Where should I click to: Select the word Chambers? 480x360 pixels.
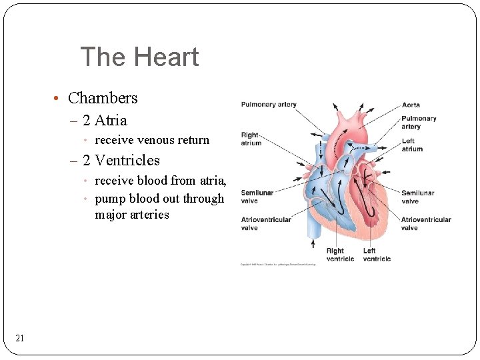tap(103, 98)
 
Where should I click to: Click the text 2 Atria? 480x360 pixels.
tap(104, 121)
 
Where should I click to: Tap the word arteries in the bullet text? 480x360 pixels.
tap(151, 215)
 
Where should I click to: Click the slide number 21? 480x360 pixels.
tap(20, 339)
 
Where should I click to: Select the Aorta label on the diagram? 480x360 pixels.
tap(411, 105)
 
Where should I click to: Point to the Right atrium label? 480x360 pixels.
tap(251, 139)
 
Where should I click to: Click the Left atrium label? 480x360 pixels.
tap(411, 145)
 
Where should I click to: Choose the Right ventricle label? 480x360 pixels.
tap(340, 255)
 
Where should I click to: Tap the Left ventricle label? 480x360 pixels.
tap(377, 255)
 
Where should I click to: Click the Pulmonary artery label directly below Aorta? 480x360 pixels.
tap(419, 122)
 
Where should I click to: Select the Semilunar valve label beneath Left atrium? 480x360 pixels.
tap(417, 197)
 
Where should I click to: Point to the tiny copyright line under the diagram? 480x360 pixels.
tap(278, 265)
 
